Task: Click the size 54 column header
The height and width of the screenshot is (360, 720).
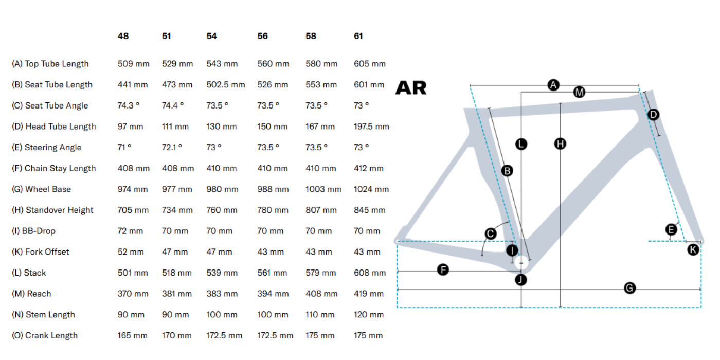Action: [x=211, y=36]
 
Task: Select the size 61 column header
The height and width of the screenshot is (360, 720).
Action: [x=358, y=36]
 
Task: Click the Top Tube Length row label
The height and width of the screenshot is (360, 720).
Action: [x=50, y=64]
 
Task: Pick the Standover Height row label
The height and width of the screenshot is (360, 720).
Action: [x=52, y=210]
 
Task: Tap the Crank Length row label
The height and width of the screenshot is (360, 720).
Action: [x=45, y=335]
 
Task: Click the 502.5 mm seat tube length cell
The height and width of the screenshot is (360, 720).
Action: [x=226, y=84]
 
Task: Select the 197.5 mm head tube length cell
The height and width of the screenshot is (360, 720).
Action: [x=371, y=127]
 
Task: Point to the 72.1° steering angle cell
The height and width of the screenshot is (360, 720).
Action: [x=172, y=147]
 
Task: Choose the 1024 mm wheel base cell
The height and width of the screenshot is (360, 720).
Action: [x=371, y=189]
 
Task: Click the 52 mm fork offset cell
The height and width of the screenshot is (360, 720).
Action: [x=131, y=251]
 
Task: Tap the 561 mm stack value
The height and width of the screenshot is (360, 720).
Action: [x=272, y=273]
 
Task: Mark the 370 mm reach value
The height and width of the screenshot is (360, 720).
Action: [x=133, y=294]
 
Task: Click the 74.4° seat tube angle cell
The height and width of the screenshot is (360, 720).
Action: [x=173, y=105]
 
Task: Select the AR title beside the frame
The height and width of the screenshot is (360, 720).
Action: [x=411, y=88]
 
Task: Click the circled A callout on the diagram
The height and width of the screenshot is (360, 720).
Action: [x=553, y=85]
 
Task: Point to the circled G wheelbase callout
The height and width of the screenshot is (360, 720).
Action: [x=629, y=287]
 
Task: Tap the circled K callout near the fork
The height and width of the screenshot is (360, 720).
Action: [x=693, y=249]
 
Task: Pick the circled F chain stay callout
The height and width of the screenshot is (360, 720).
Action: [x=443, y=269]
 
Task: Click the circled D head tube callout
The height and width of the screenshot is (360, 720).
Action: [x=653, y=114]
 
